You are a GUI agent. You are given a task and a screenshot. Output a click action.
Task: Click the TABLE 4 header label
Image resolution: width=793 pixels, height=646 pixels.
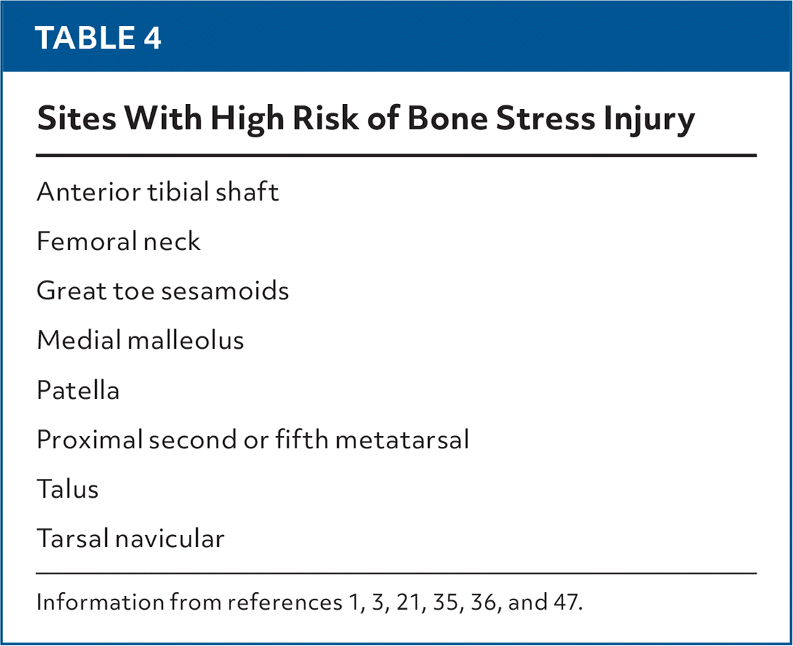coord(98,38)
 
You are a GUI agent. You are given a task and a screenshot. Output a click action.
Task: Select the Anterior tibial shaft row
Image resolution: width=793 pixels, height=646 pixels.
coord(158,192)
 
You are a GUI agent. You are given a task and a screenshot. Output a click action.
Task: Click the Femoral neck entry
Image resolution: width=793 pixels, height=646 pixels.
coord(118,241)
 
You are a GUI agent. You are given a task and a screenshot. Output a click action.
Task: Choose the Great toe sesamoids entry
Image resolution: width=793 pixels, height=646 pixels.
coord(163,291)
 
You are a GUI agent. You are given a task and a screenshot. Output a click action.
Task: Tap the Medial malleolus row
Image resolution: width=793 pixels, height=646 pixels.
coord(140,340)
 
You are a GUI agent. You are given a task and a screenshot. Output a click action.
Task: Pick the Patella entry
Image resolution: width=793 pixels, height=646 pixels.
coord(78,390)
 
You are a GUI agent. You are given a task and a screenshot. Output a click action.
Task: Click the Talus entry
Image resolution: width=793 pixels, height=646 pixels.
coord(68,489)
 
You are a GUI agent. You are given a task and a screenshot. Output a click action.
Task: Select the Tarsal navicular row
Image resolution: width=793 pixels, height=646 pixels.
coord(131,538)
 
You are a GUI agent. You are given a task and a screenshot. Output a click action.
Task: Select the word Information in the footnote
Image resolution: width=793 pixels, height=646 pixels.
coord(90,603)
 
